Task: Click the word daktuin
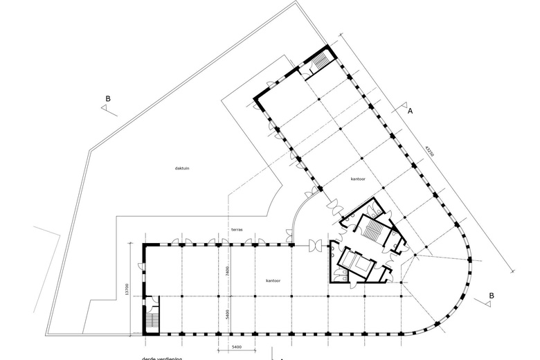pos(182,168)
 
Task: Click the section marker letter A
pos(410,111)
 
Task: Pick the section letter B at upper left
pos(107,99)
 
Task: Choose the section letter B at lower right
pos(491,296)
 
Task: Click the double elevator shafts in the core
pos(355,262)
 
